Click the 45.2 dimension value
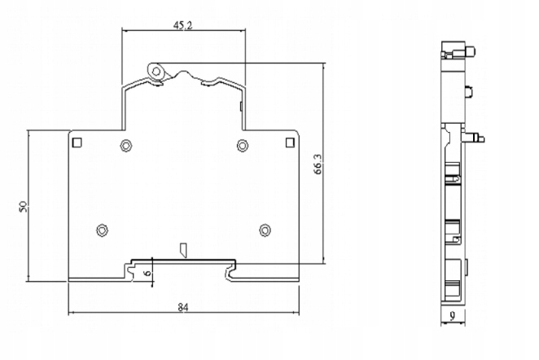click(x=182, y=26)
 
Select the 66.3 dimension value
click(x=318, y=164)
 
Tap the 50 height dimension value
click(x=24, y=206)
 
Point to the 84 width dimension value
click(x=183, y=307)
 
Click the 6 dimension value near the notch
click(x=147, y=273)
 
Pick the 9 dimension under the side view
click(x=453, y=316)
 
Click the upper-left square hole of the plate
click(x=77, y=143)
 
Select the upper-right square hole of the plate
click(x=291, y=143)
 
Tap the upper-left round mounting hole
click(x=126, y=145)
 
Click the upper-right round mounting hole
click(x=243, y=145)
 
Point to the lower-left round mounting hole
click(x=102, y=230)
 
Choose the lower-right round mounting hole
click(x=265, y=230)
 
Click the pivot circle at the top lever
click(x=156, y=72)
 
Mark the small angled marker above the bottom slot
click(x=183, y=250)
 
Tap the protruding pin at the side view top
click(x=470, y=52)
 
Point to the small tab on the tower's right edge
click(x=241, y=106)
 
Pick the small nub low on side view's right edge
click(x=466, y=267)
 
